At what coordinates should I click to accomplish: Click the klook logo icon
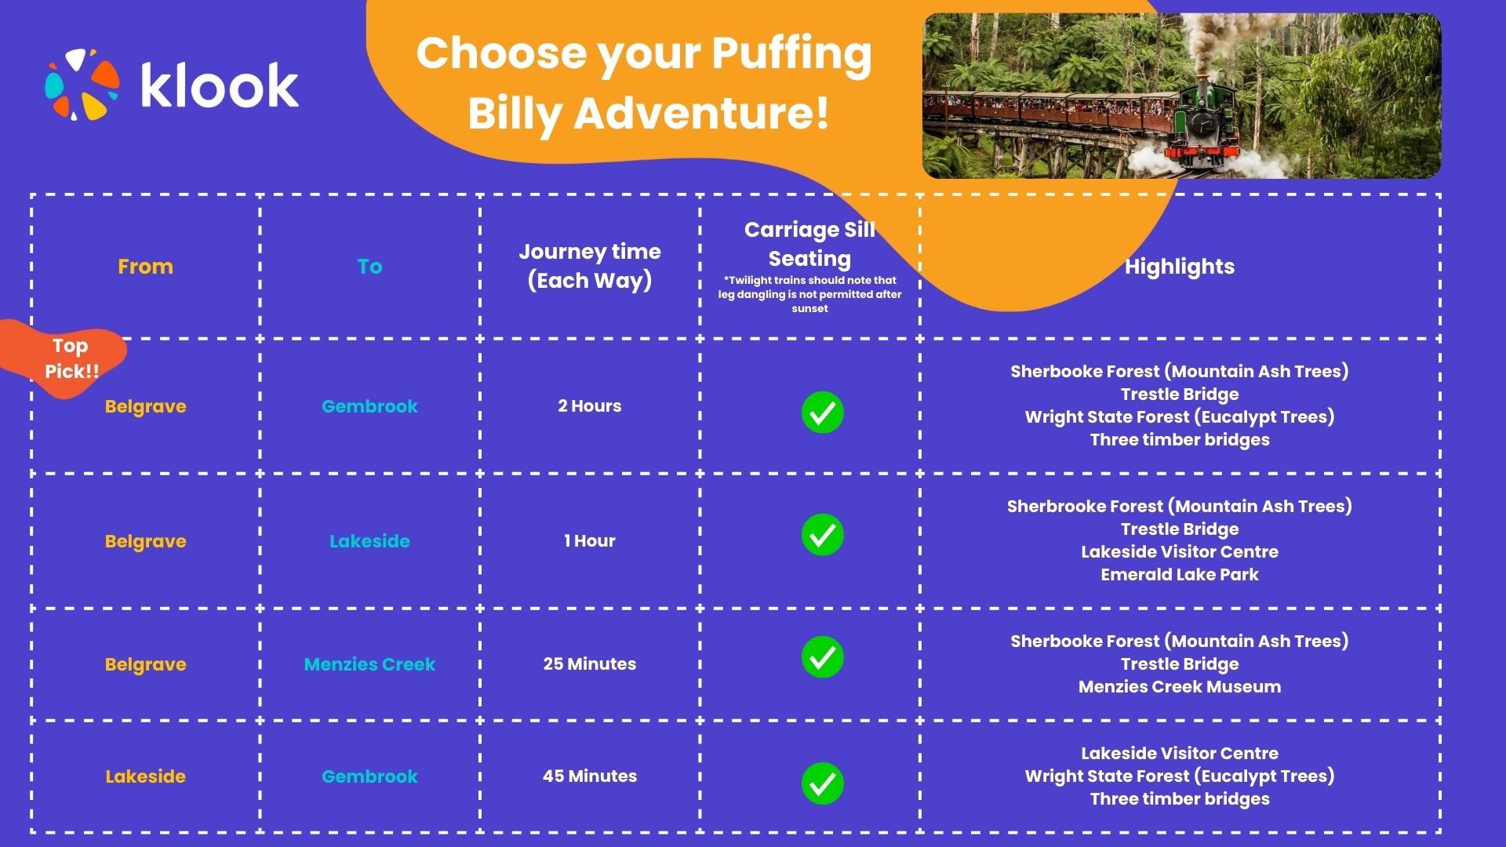click(x=82, y=85)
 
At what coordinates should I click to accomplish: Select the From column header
click(x=145, y=267)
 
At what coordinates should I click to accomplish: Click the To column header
click(x=369, y=267)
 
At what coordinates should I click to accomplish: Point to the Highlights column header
click(x=1179, y=267)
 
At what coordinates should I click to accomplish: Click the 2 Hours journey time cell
click(x=589, y=406)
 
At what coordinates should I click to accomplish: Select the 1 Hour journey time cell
click(x=589, y=541)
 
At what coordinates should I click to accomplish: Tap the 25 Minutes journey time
click(x=589, y=664)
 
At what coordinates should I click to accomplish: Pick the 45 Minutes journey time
click(x=589, y=776)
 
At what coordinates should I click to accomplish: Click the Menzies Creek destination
click(x=369, y=664)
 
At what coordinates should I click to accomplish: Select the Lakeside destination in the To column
click(x=369, y=541)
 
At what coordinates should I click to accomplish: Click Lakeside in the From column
click(x=145, y=776)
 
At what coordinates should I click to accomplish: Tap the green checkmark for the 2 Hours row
click(x=822, y=413)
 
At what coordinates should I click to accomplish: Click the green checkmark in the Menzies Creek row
click(x=822, y=657)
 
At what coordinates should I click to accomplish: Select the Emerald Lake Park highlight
click(x=1179, y=575)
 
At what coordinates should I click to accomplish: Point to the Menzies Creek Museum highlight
click(x=1179, y=687)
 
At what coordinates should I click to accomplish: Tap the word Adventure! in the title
click(x=700, y=113)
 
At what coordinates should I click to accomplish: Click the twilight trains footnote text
click(x=809, y=294)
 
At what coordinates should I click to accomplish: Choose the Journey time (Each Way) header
click(x=589, y=266)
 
